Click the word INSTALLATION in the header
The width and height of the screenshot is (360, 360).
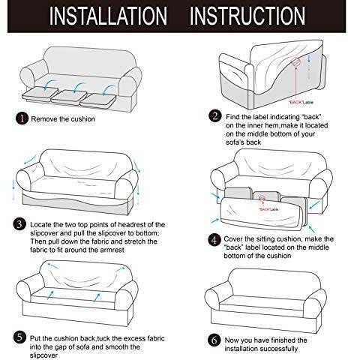click(x=108, y=16)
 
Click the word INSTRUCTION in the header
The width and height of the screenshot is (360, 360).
click(x=247, y=16)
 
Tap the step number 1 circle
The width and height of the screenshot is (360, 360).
click(x=22, y=118)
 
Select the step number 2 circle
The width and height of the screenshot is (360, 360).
click(x=215, y=116)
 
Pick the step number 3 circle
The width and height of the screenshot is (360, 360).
click(x=19, y=224)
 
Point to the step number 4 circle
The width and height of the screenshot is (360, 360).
click(x=214, y=240)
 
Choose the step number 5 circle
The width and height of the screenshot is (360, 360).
click(x=19, y=337)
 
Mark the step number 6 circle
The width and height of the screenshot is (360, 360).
click(x=214, y=340)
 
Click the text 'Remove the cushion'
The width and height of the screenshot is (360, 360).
click(x=63, y=119)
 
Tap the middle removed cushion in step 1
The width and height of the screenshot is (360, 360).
click(x=69, y=97)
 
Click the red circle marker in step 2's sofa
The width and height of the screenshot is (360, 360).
click(x=295, y=61)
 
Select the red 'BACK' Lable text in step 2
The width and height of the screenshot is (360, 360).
click(x=301, y=102)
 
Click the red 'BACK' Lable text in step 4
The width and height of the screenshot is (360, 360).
click(x=268, y=209)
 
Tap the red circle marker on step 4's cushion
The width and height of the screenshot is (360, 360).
click(x=262, y=198)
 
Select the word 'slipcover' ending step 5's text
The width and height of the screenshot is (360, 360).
click(x=43, y=355)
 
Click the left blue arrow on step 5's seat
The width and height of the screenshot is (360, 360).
click(x=50, y=295)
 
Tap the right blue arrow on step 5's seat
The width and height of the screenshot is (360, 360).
click(x=97, y=297)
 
